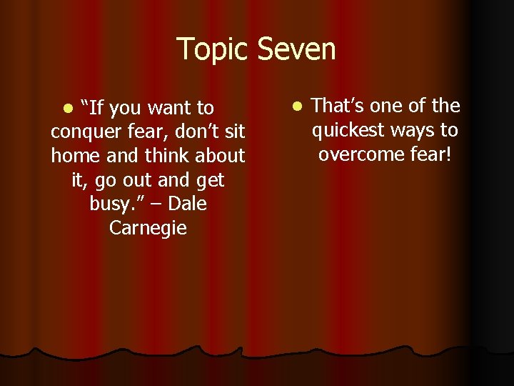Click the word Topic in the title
click(213, 50)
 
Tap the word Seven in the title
click(297, 49)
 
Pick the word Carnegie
click(148, 229)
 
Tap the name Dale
click(188, 204)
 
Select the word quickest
click(352, 130)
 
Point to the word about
click(219, 156)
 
